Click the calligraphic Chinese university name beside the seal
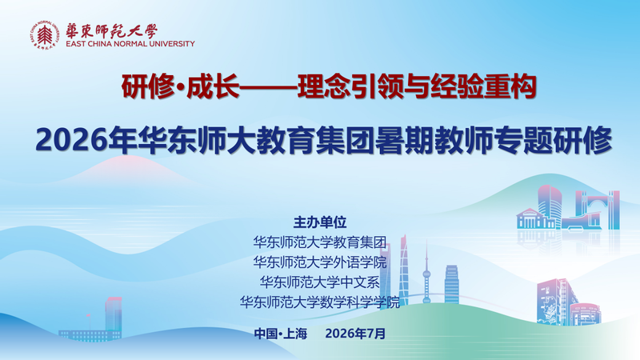pos(111,31)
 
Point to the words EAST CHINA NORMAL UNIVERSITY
pos(130,44)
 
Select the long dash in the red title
pos(268,86)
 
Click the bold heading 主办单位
pos(320,222)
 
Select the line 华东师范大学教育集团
pos(319,242)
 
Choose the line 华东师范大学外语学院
pos(319,262)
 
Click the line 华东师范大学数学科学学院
pos(319,302)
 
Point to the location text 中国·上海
pos(281,334)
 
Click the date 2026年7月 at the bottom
pos(355,334)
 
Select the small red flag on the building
pos(88,316)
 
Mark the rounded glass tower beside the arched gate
pos(550,206)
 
